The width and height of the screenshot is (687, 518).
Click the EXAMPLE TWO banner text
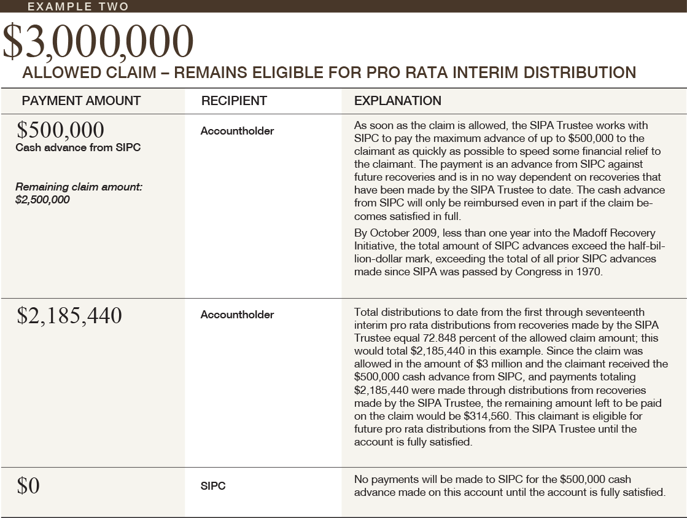[79, 7]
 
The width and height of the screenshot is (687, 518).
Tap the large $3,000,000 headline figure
[98, 42]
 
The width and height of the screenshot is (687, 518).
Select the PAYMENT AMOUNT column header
[81, 101]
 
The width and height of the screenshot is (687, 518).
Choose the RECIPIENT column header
[234, 101]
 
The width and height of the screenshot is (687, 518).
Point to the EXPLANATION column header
[398, 101]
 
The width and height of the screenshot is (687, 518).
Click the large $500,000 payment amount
[60, 130]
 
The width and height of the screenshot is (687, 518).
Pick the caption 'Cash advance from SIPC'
[78, 147]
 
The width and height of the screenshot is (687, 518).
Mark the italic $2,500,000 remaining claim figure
[42, 200]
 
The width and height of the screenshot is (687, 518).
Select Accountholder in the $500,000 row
[237, 131]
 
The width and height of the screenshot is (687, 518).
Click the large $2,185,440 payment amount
[69, 315]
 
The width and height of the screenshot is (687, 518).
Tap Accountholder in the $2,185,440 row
[237, 315]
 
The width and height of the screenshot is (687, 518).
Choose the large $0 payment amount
[28, 486]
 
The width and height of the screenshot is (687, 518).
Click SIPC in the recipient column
[213, 486]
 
